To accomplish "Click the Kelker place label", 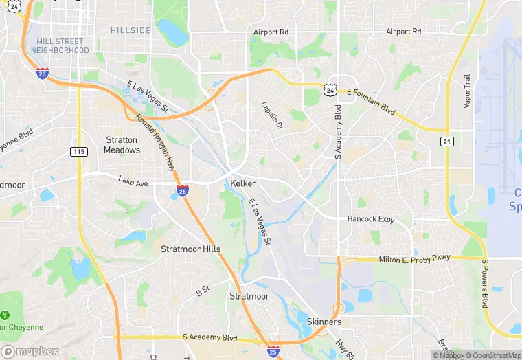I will (244, 184).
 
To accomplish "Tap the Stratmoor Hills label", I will (190, 249).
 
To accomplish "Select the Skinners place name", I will (324, 322).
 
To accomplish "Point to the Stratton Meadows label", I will (122, 145).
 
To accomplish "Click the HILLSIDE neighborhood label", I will (130, 31).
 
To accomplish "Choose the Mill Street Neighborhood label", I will (63, 46).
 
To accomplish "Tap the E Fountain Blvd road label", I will (371, 92).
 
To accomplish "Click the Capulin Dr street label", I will (271, 116).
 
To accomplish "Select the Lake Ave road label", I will (133, 181).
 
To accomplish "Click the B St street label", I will (203, 292).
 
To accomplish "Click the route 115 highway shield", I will (78, 151).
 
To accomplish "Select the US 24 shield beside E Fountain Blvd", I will (331, 89).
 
